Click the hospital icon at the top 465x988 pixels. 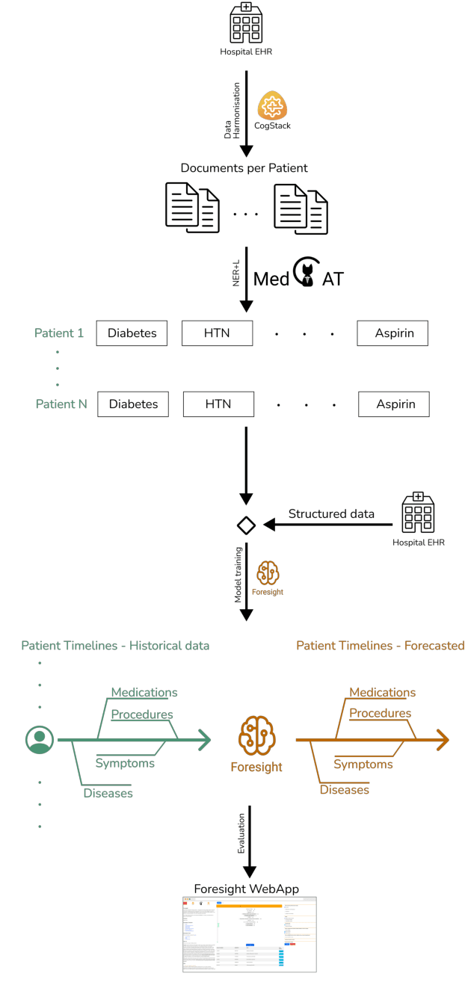tap(246, 23)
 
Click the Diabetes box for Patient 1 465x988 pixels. tap(132, 333)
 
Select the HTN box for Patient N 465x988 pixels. tap(218, 404)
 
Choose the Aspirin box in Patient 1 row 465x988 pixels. tap(392, 333)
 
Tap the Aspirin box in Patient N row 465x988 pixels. tap(393, 404)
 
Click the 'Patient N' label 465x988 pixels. tap(61, 404)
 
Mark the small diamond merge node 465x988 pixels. tap(246, 525)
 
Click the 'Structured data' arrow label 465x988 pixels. tap(331, 513)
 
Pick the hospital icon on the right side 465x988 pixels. tap(418, 513)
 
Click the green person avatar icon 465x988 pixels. tap(39, 740)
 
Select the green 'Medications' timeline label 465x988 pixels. tap(144, 692)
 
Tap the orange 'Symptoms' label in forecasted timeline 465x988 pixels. tap(363, 764)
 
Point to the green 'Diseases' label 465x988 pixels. tap(108, 793)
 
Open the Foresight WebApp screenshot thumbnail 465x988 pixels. tap(249, 933)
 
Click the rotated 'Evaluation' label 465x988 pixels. tap(240, 838)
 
